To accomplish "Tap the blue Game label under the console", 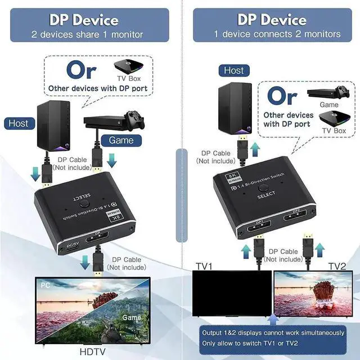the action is (x=121, y=140).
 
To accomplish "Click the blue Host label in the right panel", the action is (x=233, y=70).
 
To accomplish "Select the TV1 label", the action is (x=204, y=264).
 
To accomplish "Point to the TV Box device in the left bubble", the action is (x=129, y=66).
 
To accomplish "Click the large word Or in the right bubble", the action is (x=282, y=96).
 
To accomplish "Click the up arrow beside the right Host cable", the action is (x=255, y=150).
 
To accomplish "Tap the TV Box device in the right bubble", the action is (x=332, y=119).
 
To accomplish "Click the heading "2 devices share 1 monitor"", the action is (x=87, y=34).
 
